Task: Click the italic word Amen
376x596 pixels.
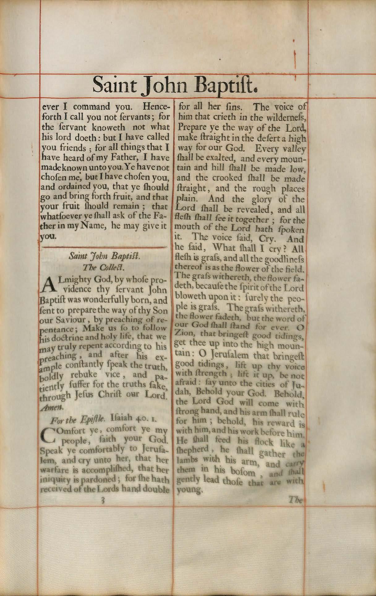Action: click(52, 407)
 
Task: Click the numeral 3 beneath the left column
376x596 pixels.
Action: click(104, 500)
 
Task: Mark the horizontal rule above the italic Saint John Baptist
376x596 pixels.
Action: click(104, 247)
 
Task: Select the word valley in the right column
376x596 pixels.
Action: click(294, 149)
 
